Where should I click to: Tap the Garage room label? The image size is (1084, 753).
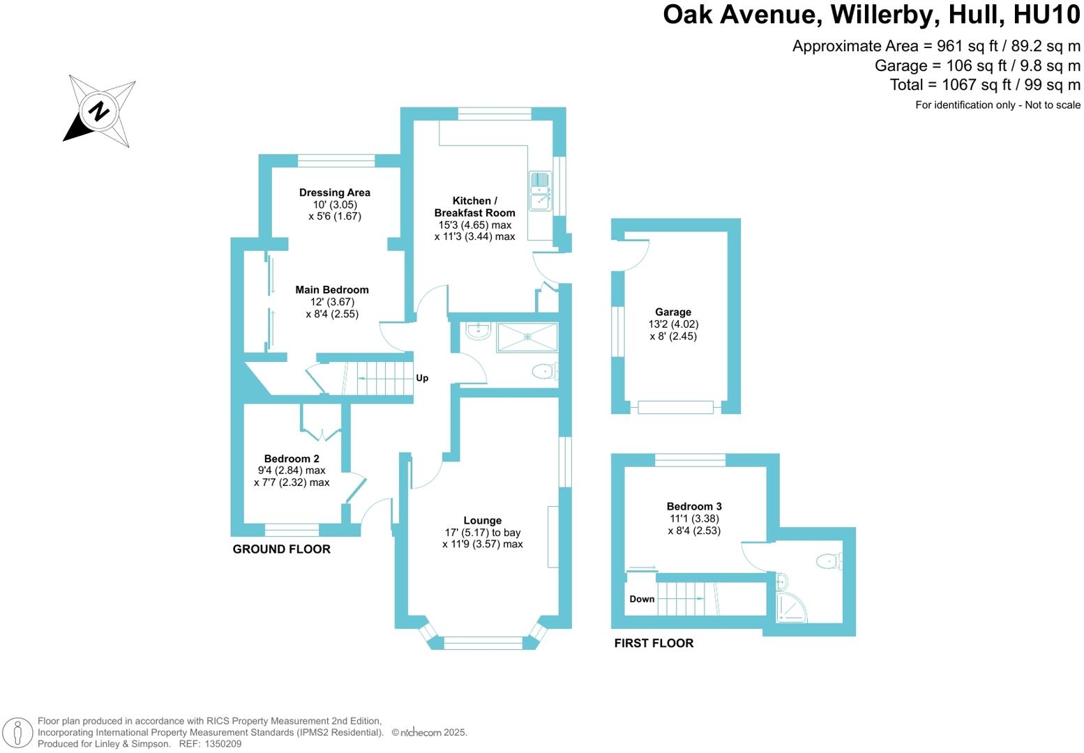tap(673, 312)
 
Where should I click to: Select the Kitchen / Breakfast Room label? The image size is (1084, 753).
tap(474, 207)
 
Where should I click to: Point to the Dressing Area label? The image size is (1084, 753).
tap(335, 192)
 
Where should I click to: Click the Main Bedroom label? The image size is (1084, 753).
tap(332, 290)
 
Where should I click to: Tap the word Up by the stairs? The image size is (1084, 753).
tap(422, 378)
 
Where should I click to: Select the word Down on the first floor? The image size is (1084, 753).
tap(642, 599)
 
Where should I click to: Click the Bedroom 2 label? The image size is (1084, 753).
tap(292, 459)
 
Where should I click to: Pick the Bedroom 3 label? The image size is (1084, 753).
tap(694, 507)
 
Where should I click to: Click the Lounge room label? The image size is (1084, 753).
tap(483, 521)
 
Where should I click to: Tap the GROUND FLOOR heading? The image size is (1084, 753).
tap(282, 549)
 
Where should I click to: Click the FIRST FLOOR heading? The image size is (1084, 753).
tap(654, 644)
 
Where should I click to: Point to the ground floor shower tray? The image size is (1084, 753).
tap(527, 337)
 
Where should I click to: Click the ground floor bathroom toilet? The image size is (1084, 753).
tap(544, 372)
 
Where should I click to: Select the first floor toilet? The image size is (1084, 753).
tap(828, 561)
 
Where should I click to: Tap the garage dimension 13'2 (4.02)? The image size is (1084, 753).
tap(673, 324)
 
